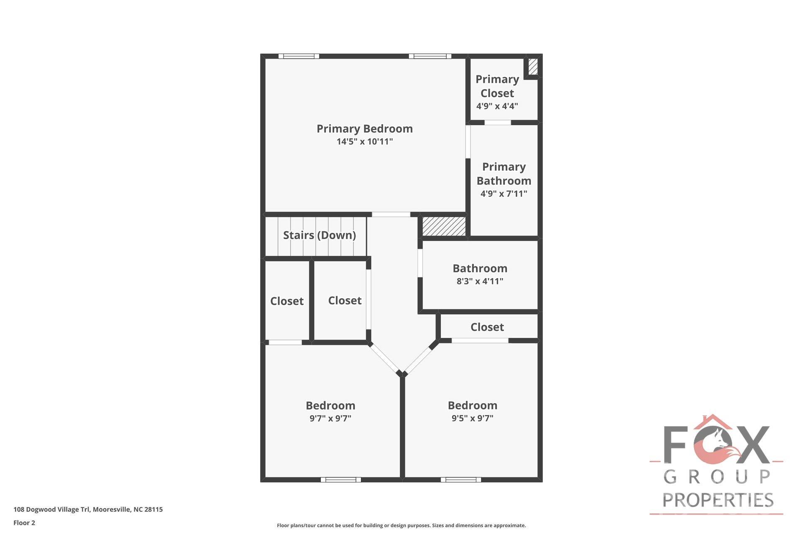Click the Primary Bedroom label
point(364,129)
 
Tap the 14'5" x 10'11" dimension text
point(364,142)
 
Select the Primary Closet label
point(497,86)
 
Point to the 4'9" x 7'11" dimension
point(504,193)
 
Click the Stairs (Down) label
point(319,235)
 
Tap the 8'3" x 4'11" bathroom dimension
point(480,281)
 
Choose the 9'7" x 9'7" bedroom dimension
point(330,418)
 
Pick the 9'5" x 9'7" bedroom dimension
point(472,418)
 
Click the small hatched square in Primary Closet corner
point(533,67)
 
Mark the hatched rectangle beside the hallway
point(444,226)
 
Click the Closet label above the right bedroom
point(487,327)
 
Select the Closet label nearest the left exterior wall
point(286,301)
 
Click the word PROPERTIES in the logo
point(718,500)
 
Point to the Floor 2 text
point(24,523)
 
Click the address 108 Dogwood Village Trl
point(88,509)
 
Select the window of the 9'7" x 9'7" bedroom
point(340,479)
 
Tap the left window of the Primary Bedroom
point(299,56)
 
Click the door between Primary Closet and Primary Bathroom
point(498,123)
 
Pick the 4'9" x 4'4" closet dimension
point(497,106)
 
